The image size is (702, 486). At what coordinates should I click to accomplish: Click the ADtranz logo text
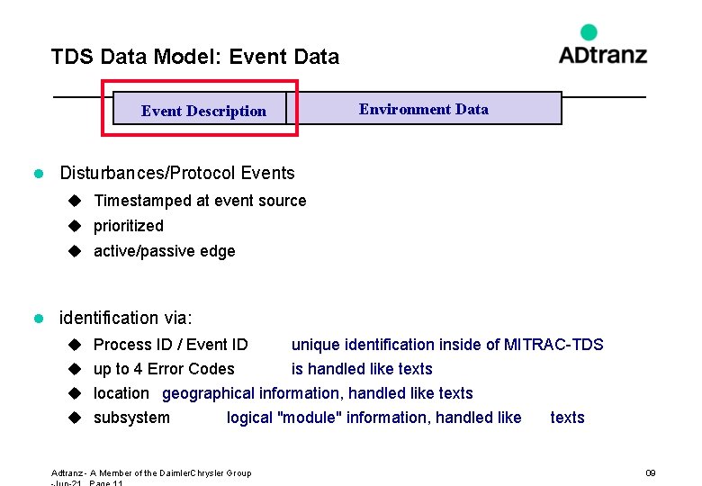click(602, 55)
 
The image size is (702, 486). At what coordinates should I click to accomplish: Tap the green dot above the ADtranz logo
click(589, 32)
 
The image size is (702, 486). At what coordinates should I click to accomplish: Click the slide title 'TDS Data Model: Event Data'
click(195, 58)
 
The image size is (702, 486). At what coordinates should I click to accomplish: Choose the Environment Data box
click(424, 109)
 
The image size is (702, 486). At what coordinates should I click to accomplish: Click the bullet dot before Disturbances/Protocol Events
click(39, 173)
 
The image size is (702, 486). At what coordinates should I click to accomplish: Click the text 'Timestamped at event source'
click(200, 201)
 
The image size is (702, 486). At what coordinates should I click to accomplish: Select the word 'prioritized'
click(129, 226)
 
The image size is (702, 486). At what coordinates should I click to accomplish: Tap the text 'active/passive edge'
click(165, 251)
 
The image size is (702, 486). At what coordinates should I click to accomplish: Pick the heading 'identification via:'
click(126, 318)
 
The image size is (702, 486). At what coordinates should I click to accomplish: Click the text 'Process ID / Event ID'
click(171, 345)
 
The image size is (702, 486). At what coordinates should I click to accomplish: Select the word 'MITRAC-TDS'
click(553, 345)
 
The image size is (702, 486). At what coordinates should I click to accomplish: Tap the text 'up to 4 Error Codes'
click(164, 369)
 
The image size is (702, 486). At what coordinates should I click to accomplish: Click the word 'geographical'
click(209, 393)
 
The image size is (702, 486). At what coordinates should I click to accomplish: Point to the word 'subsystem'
click(131, 418)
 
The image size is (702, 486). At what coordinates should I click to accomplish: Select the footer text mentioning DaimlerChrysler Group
click(151, 472)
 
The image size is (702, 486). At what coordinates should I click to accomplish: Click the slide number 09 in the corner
click(651, 472)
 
